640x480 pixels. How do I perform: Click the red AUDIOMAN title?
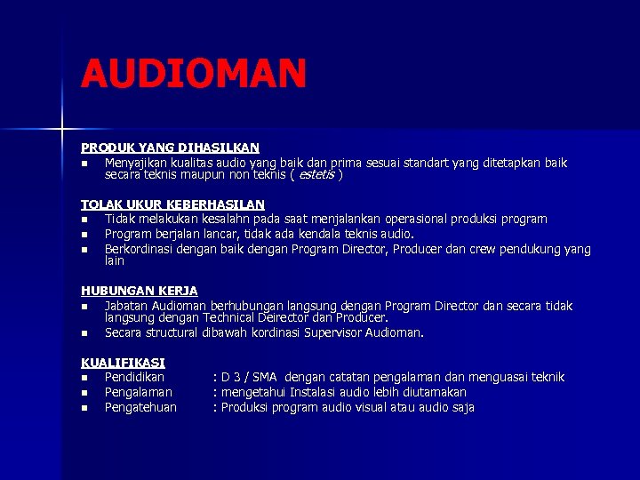[194, 74]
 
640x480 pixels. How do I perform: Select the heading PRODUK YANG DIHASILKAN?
[170, 148]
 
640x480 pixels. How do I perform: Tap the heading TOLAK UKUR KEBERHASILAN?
[172, 204]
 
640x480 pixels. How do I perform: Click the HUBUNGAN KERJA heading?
[139, 291]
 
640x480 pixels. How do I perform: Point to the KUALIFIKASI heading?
[123, 363]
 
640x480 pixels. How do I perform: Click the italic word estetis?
[317, 175]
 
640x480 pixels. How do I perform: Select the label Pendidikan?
[134, 377]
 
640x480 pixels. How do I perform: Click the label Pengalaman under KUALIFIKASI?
[138, 392]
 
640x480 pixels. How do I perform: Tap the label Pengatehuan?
[140, 407]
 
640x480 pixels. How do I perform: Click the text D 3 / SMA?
[250, 377]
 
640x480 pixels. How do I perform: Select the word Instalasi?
[316, 392]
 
